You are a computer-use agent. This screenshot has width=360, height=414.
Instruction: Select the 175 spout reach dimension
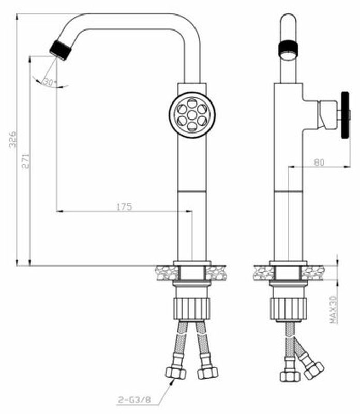pos(124,206)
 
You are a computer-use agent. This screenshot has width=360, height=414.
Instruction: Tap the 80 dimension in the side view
pos(319,162)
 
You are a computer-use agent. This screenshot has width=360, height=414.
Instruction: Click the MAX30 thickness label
pos(333,309)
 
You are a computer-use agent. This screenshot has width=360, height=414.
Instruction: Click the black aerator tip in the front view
pos(60,49)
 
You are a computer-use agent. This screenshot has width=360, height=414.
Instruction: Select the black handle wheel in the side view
pos(344,114)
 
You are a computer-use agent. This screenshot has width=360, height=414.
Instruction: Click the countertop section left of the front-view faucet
pos(164,272)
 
